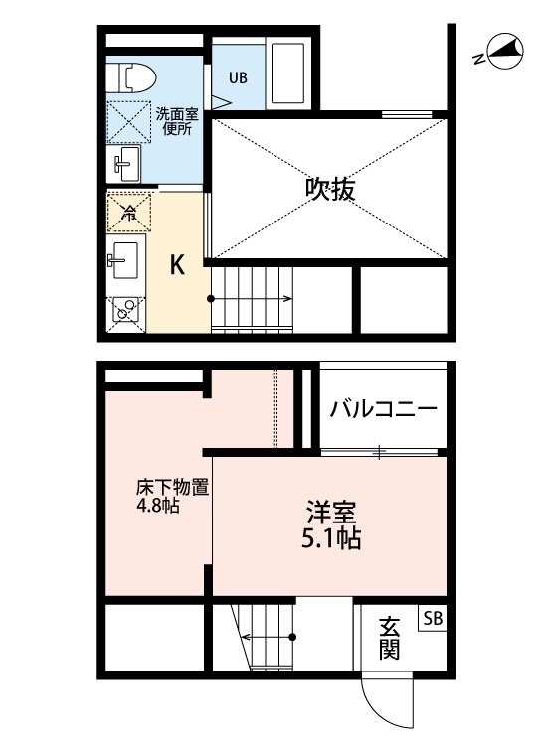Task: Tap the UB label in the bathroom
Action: click(238, 77)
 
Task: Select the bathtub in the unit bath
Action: click(287, 74)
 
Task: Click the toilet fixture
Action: click(131, 76)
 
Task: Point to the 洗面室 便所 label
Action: click(177, 121)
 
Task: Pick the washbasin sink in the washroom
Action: click(123, 164)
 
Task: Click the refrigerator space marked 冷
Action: click(128, 213)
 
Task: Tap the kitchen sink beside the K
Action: click(124, 260)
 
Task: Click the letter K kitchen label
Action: click(177, 265)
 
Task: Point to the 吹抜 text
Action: click(330, 189)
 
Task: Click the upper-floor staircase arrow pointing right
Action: click(251, 299)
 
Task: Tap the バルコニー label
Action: click(383, 408)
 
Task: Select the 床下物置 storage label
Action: click(172, 488)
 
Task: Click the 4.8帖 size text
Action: click(158, 506)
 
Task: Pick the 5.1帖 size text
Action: click(331, 538)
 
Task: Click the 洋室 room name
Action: click(331, 512)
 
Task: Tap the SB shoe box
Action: click(433, 618)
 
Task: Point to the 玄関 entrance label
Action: click(389, 638)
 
